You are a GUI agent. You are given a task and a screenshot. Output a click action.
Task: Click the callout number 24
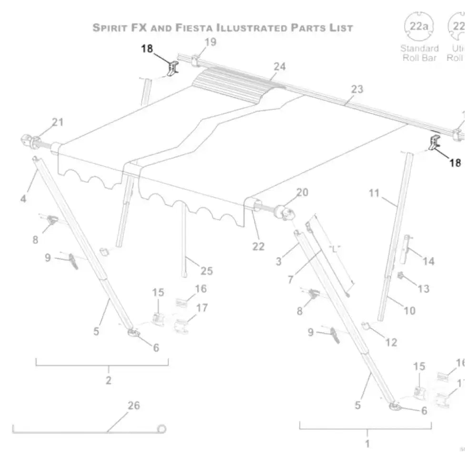279,67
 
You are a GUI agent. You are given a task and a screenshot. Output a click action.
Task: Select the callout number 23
357,89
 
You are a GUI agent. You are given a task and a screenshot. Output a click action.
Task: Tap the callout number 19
210,42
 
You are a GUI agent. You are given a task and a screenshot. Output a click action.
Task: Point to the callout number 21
57,122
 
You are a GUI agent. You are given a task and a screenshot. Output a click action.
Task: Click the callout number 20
302,192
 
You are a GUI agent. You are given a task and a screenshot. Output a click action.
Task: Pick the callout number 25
207,271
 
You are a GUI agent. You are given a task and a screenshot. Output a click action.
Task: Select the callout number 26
134,406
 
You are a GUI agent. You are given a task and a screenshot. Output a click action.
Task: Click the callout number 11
374,193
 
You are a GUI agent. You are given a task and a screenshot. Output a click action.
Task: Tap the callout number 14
428,261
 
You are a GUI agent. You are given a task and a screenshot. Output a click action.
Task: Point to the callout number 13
423,288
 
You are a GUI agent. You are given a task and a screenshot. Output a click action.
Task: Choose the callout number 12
391,342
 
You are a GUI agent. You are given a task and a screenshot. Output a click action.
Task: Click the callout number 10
409,311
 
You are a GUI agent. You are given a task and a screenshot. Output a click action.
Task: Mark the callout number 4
23,198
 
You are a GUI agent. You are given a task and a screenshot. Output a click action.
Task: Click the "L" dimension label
336,249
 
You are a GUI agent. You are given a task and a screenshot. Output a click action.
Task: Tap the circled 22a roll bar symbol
419,26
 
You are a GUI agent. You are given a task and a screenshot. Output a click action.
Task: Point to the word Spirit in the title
109,28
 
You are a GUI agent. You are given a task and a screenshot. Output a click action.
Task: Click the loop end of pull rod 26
162,429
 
